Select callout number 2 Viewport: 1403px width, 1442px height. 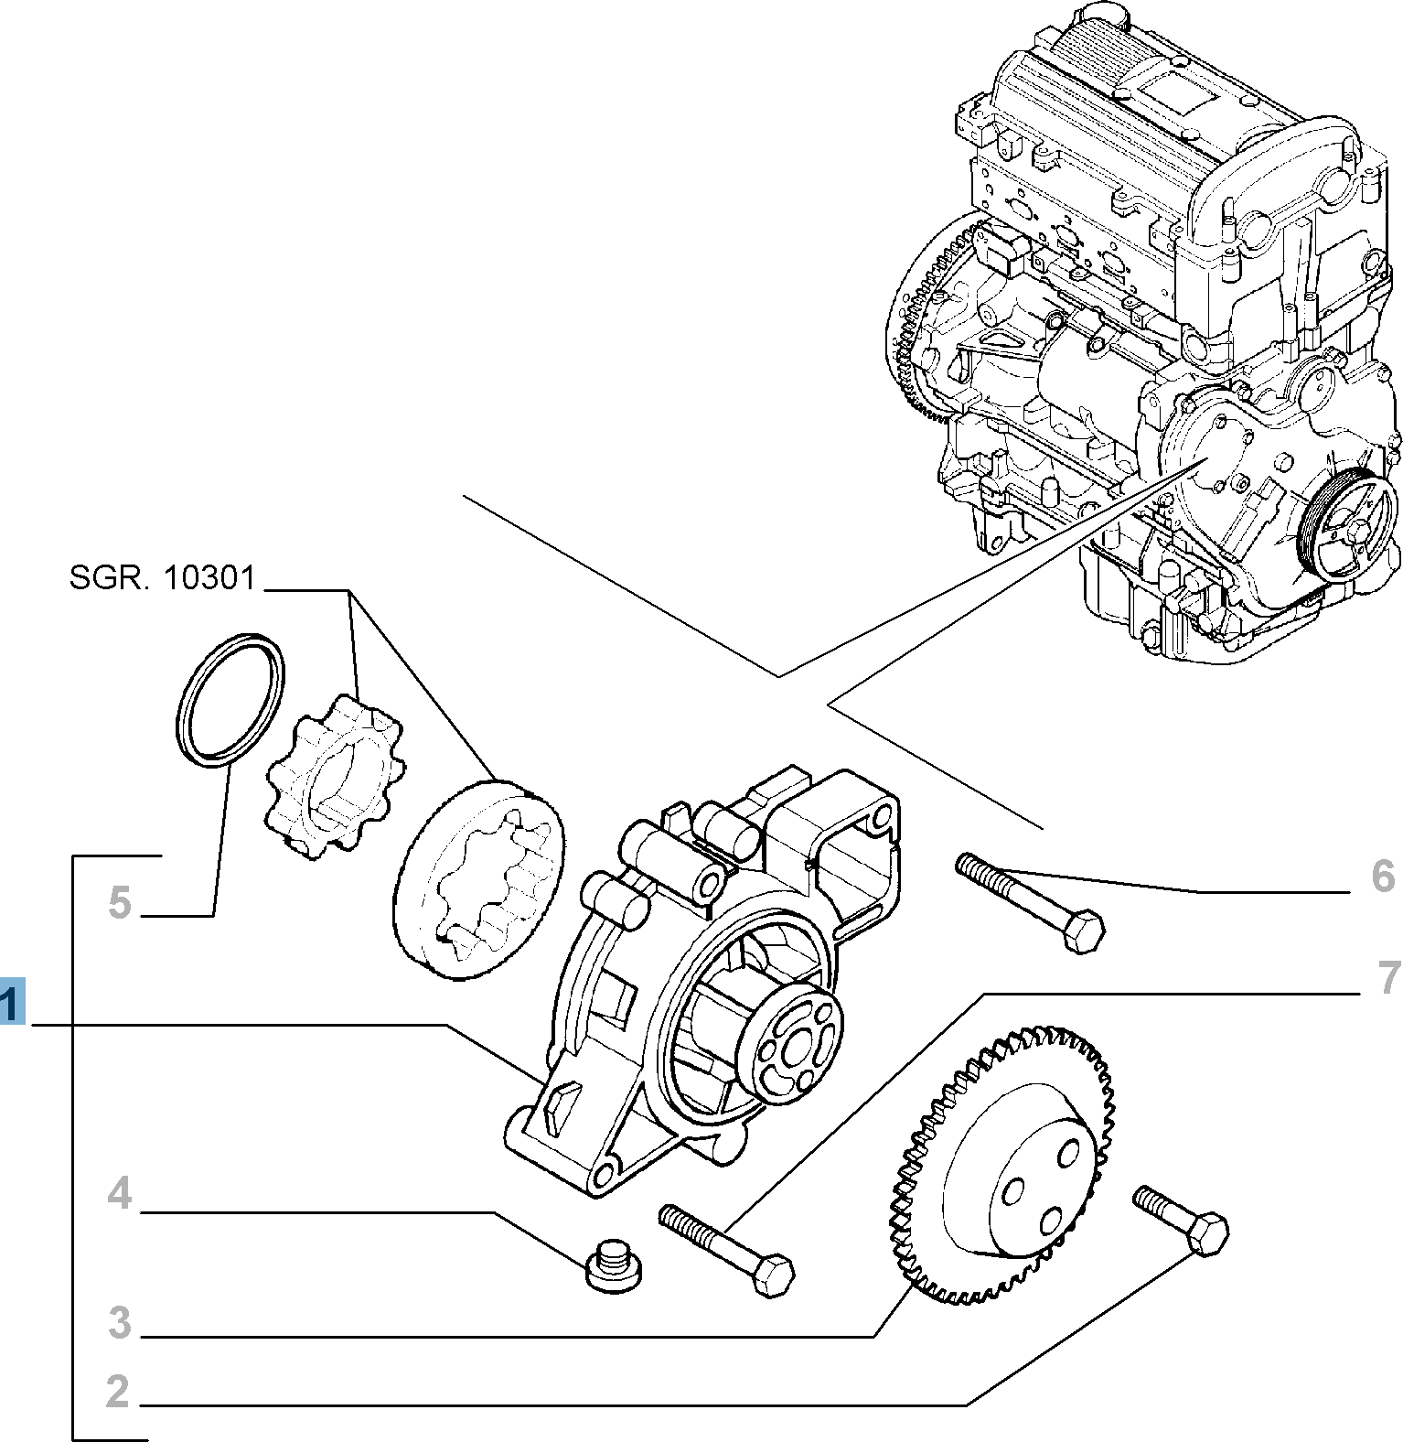point(118,1390)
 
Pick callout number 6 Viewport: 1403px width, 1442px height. point(1383,877)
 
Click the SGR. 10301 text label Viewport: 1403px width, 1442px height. point(162,578)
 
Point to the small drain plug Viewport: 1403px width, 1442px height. point(613,1266)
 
